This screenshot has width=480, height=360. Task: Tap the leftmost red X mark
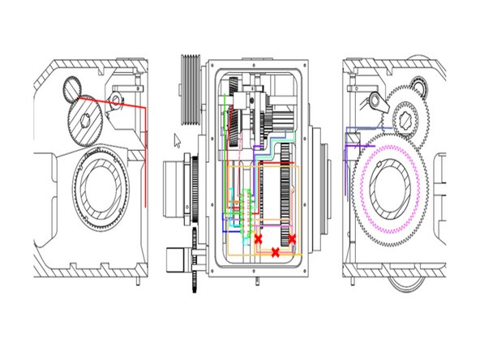pos(258,239)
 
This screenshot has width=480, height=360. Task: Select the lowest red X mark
pos(275,253)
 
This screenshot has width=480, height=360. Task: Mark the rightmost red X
pos(292,239)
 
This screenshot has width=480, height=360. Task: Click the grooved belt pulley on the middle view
pos(191,88)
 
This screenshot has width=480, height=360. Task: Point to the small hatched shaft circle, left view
pos(73,84)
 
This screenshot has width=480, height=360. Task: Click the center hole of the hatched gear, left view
pos(87,118)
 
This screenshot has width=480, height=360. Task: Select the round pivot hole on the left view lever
pos(116,101)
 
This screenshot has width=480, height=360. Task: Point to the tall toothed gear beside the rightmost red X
pos(285,203)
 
